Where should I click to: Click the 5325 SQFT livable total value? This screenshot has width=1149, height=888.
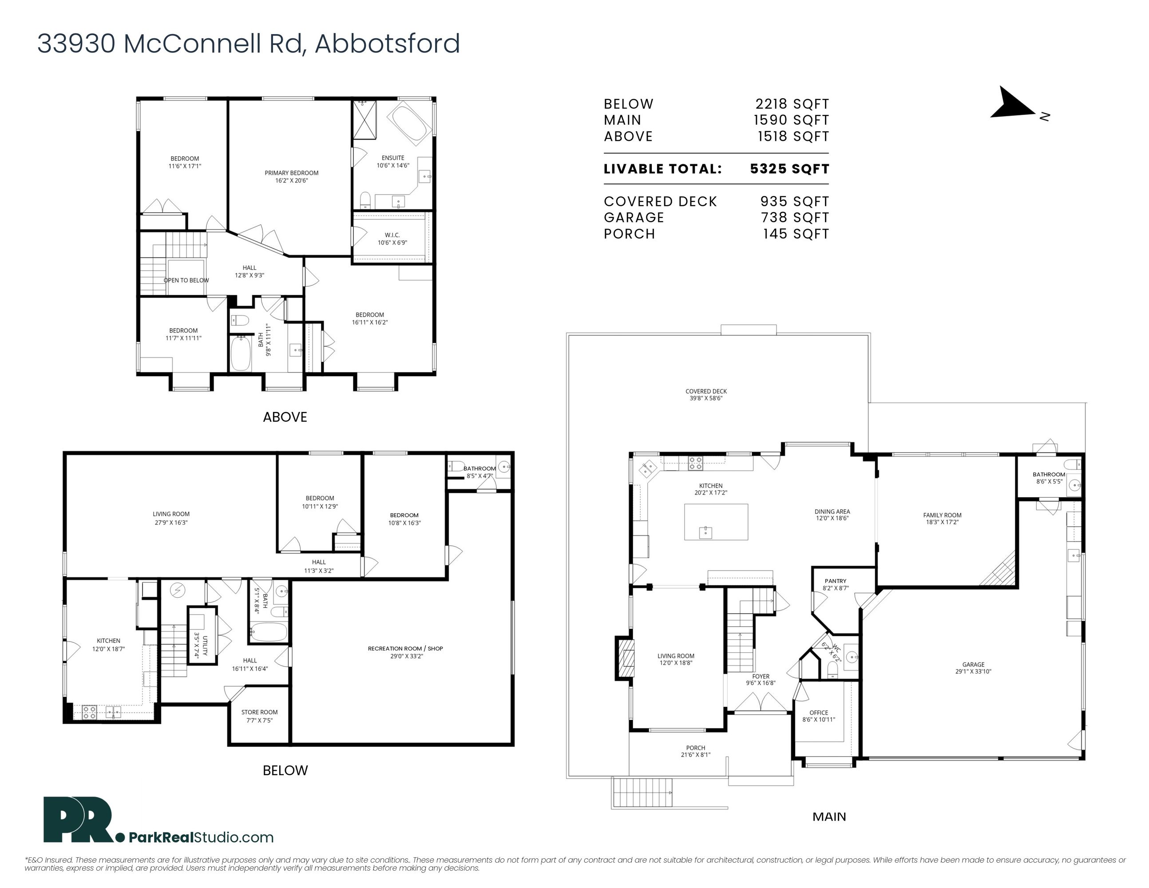(790, 169)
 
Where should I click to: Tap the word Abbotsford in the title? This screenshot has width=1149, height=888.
(388, 43)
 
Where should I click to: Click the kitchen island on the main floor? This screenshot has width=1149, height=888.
(716, 522)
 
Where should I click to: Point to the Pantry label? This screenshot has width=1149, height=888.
(836, 581)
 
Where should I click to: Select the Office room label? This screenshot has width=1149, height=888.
(819, 713)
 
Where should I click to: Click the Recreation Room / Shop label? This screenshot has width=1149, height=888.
(405, 649)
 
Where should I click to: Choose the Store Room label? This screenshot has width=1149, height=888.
(259, 712)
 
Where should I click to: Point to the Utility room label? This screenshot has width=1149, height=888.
(205, 646)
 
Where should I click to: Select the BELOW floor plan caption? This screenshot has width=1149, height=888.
(285, 771)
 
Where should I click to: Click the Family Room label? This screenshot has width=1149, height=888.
(942, 515)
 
